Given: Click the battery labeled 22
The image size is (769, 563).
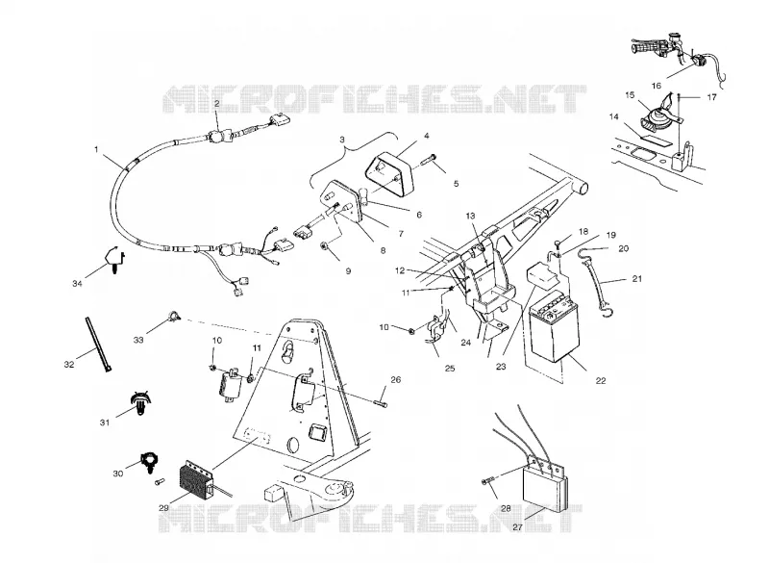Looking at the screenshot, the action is click(x=555, y=325).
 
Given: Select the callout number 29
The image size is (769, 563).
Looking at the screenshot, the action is click(x=163, y=508).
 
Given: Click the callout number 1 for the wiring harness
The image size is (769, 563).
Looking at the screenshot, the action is click(x=96, y=149).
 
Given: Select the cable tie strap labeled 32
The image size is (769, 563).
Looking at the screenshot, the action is click(x=98, y=345).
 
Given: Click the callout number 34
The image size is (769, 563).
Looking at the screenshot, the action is click(x=77, y=284).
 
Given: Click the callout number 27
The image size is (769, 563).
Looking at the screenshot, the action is click(x=517, y=527).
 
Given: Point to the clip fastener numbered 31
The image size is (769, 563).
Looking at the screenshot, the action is click(x=139, y=404).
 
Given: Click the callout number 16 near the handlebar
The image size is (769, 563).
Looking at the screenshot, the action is click(x=657, y=86).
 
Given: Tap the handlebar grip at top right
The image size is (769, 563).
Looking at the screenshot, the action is click(x=645, y=49).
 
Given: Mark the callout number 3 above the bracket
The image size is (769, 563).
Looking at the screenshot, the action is click(x=342, y=140).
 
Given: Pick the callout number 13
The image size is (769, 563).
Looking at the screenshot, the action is click(x=471, y=216).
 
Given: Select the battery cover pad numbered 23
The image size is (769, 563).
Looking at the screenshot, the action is click(x=541, y=276).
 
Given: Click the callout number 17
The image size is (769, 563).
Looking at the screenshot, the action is click(x=711, y=97).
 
